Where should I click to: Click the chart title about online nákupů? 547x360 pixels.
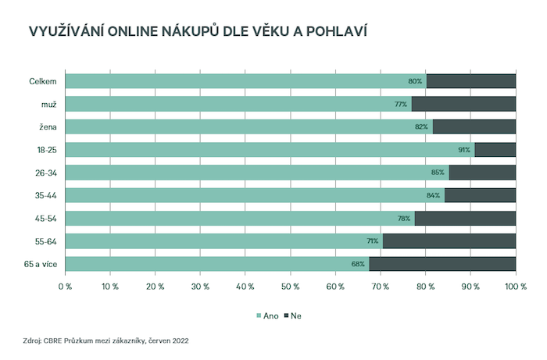[x=198, y=32]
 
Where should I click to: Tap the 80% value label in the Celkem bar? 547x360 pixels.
[x=415, y=81]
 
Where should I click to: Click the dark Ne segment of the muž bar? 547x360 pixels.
[x=463, y=104]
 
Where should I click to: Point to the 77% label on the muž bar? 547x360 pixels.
[x=402, y=104]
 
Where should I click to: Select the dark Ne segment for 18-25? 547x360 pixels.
[x=495, y=150]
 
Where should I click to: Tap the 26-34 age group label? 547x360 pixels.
[x=45, y=173]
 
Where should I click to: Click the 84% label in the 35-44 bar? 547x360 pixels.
[x=434, y=195]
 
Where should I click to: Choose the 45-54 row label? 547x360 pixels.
[x=45, y=218]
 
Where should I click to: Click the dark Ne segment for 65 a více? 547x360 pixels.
[x=442, y=264]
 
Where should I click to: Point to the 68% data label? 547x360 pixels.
[x=359, y=264]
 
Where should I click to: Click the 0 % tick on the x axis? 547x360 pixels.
[x=65, y=287]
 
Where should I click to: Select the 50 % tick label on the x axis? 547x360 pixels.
[x=290, y=287]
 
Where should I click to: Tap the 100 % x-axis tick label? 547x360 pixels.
[x=515, y=287]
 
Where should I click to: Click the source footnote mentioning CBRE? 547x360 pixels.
[x=105, y=340]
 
